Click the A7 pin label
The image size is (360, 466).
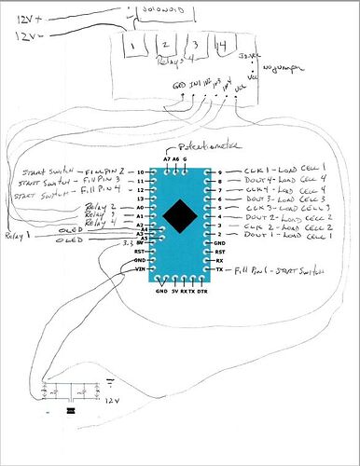166,159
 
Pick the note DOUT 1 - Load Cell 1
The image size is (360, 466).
284,240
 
